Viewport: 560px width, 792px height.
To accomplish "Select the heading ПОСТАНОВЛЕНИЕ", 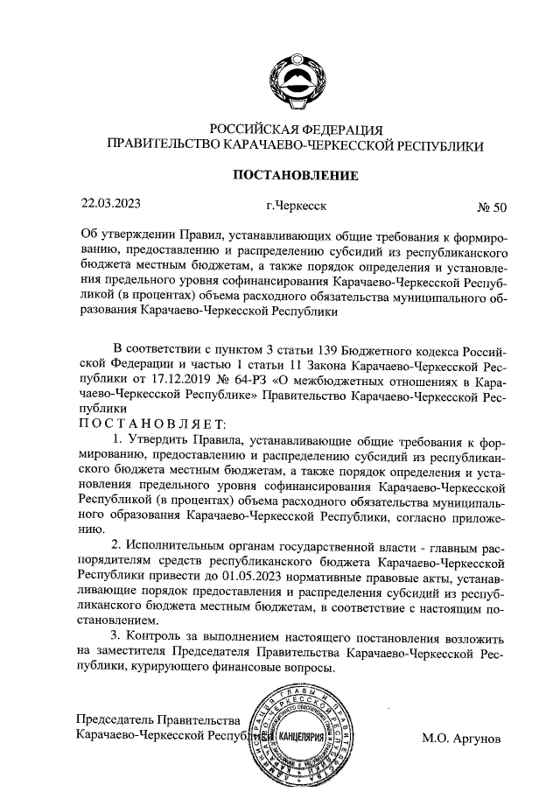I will point(294,175).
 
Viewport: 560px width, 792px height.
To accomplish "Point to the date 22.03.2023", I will point(111,206).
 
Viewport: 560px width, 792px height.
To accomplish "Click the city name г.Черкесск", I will point(297,207).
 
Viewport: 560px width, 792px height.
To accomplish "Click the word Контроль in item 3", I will point(156,636).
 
